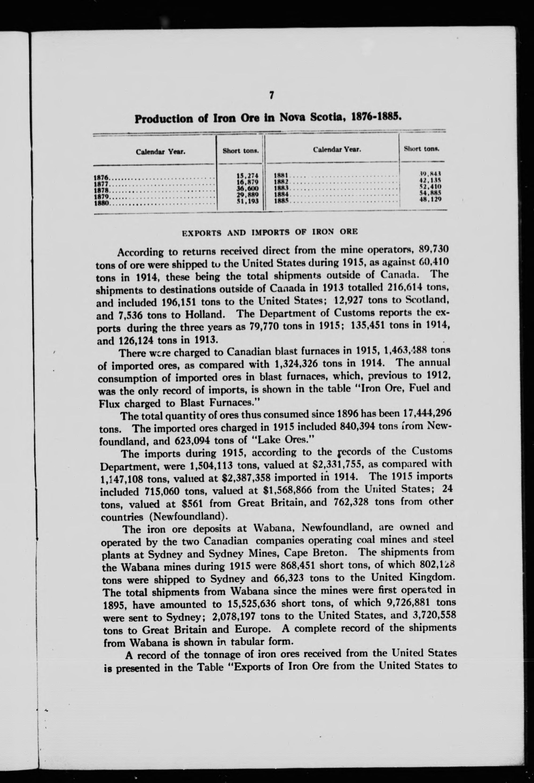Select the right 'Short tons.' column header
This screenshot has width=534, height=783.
pos(422,149)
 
